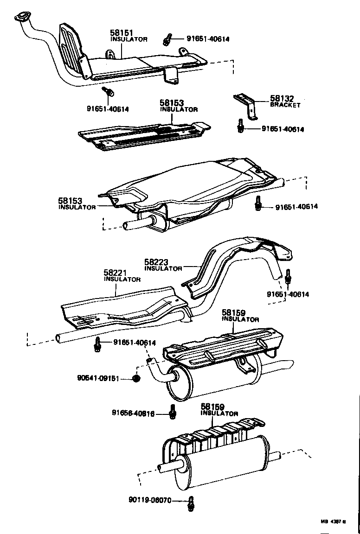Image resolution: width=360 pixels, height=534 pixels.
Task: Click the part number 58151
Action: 122,33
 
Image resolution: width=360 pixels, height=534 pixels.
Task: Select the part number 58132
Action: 283,99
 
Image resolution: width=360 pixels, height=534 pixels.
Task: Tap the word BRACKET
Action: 285,105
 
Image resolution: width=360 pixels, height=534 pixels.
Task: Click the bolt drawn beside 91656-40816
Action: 173,411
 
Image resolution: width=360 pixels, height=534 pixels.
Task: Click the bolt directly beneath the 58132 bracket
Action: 241,126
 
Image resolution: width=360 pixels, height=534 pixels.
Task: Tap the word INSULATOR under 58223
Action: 163,268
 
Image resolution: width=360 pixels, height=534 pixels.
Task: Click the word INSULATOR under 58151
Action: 129,39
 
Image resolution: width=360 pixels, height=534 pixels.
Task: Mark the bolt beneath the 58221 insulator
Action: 98,344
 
